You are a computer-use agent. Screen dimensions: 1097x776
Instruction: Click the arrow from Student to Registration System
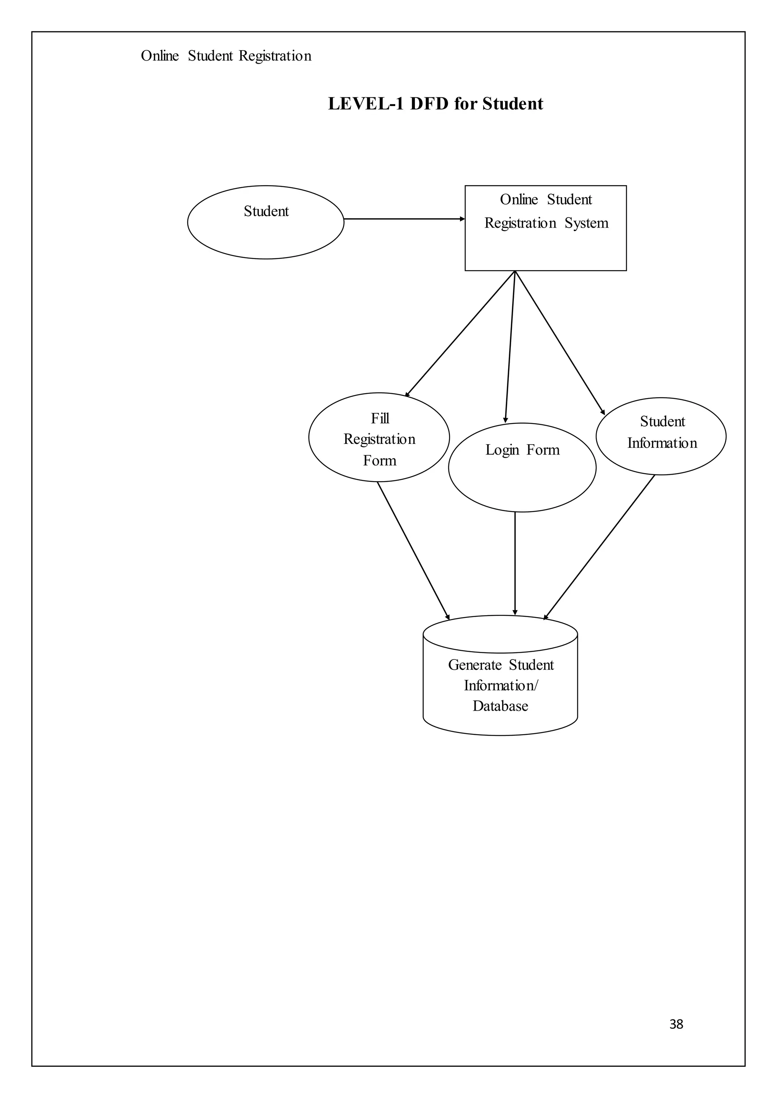pos(404,219)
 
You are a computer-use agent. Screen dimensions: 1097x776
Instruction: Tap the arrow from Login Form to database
pos(515,564)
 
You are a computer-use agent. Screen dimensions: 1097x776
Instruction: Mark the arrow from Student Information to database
pos(599,547)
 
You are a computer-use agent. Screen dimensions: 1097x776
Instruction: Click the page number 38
pos(676,1024)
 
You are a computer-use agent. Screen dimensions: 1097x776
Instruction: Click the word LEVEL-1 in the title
pos(366,104)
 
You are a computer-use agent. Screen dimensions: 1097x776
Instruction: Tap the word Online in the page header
pos(160,56)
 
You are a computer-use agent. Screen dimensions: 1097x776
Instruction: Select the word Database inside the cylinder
pos(500,706)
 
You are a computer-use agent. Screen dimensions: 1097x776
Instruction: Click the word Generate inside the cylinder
pos(474,665)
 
